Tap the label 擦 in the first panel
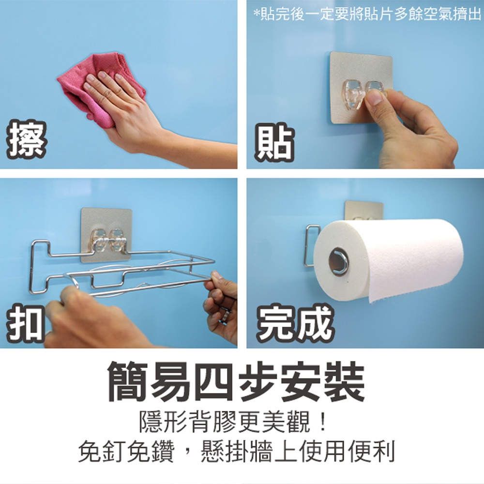click(x=27, y=140)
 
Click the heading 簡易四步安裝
click(x=236, y=382)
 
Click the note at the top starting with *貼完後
click(x=367, y=15)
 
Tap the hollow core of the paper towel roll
click(x=338, y=261)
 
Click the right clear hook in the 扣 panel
click(x=117, y=240)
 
